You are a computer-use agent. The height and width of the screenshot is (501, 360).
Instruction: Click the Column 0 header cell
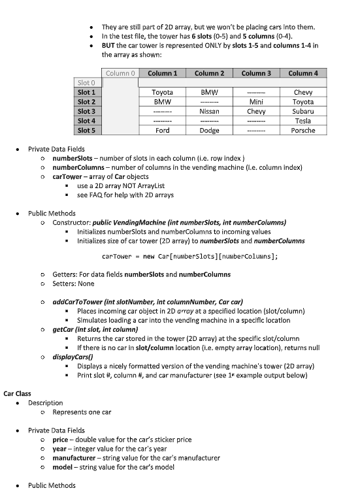(120, 73)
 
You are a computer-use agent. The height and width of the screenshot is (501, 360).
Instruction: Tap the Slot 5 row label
(86, 130)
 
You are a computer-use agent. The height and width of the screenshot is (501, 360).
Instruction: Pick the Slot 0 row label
(86, 83)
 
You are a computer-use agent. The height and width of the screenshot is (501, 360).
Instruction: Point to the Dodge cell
(209, 130)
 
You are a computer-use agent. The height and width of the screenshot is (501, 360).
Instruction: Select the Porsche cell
(303, 130)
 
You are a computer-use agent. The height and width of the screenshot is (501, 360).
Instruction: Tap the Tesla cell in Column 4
(303, 121)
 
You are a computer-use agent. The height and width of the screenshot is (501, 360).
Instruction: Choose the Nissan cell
(209, 112)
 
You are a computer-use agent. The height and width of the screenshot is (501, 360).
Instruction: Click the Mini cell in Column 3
(255, 102)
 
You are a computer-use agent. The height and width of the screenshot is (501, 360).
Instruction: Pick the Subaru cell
(303, 112)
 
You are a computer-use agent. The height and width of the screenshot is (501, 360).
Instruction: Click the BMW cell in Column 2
(209, 93)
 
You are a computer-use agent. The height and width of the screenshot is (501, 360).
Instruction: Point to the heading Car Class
(18, 394)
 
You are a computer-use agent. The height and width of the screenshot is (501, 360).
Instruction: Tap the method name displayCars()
(73, 357)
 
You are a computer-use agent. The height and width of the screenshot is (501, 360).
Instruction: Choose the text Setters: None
(73, 283)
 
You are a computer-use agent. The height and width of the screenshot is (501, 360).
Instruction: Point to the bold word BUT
(108, 45)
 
